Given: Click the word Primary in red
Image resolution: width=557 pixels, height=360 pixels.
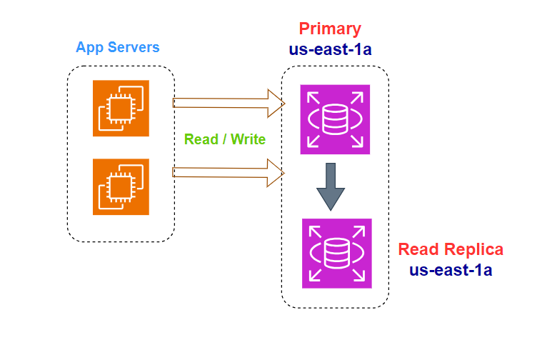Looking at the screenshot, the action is [x=330, y=29].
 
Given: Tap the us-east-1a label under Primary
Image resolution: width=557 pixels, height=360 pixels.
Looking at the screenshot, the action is [x=330, y=49].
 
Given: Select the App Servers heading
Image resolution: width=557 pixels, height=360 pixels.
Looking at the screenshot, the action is [x=118, y=48].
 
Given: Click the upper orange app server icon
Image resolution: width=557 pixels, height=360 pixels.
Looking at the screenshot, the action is [x=121, y=108].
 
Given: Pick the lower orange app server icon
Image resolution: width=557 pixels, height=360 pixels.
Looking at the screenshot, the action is [x=121, y=186].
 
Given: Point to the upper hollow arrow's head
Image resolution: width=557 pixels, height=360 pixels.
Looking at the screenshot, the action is [x=276, y=104].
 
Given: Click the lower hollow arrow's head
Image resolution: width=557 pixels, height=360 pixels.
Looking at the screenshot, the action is [x=276, y=173].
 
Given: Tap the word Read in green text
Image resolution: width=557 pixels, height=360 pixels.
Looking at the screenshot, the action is [x=201, y=139].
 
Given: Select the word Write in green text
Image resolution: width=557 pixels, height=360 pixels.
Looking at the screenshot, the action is [x=248, y=139].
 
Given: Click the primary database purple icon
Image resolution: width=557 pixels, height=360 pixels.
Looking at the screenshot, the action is [x=335, y=119].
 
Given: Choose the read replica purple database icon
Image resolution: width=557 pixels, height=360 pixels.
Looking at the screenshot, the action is [x=337, y=254].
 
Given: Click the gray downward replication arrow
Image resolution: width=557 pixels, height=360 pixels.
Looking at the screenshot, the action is [x=331, y=187].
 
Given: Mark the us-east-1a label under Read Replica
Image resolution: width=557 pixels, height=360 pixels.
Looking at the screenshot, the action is [x=451, y=270].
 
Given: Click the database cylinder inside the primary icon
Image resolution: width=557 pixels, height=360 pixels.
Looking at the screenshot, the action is [x=335, y=119].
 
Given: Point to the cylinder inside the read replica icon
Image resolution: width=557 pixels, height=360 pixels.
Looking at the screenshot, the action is [x=337, y=254].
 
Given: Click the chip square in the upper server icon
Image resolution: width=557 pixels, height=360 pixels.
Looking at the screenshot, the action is [x=121, y=109].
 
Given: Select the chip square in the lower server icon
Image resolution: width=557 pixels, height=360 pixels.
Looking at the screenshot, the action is [x=121, y=187].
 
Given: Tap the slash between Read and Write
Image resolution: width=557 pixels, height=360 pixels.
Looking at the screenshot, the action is [x=224, y=139].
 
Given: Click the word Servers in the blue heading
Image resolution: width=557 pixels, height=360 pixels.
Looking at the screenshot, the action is [x=134, y=47].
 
